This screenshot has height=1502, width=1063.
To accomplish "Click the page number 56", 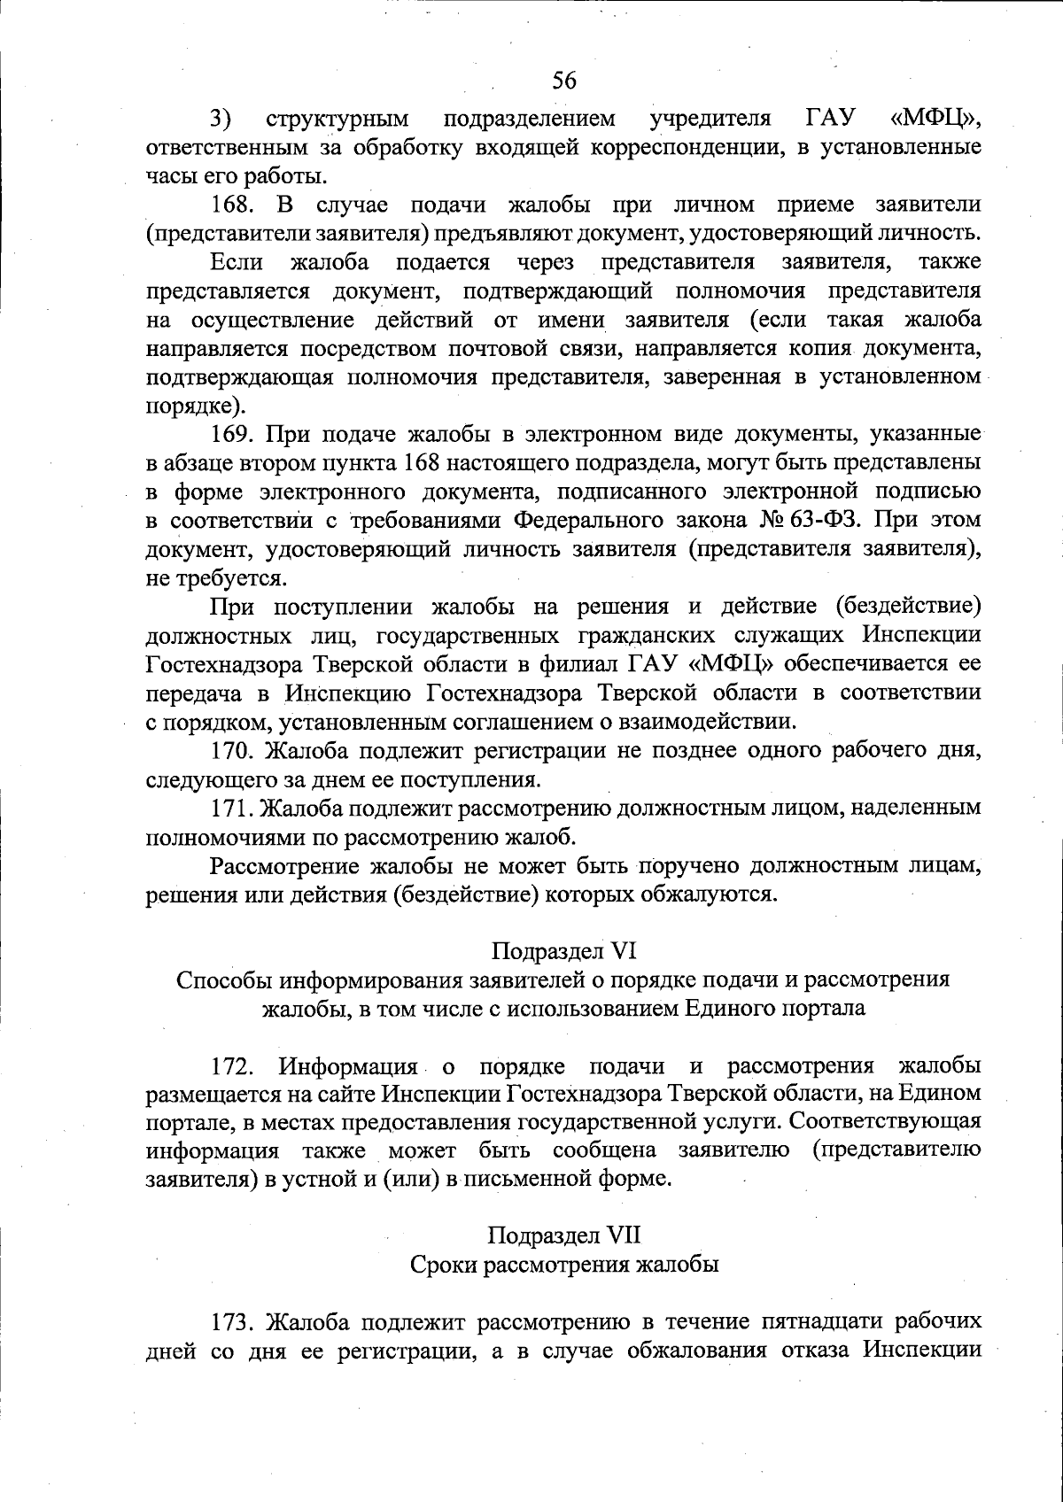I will click(564, 81).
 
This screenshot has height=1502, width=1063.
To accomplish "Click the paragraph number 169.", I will click(232, 434).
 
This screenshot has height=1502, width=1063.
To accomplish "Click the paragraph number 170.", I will click(232, 751).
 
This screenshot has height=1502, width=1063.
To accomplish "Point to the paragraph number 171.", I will click(232, 808).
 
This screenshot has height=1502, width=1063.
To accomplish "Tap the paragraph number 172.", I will click(232, 1065).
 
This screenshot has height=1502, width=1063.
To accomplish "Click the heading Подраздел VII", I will click(563, 1235).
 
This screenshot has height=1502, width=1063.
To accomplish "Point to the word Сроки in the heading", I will click(442, 1265).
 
